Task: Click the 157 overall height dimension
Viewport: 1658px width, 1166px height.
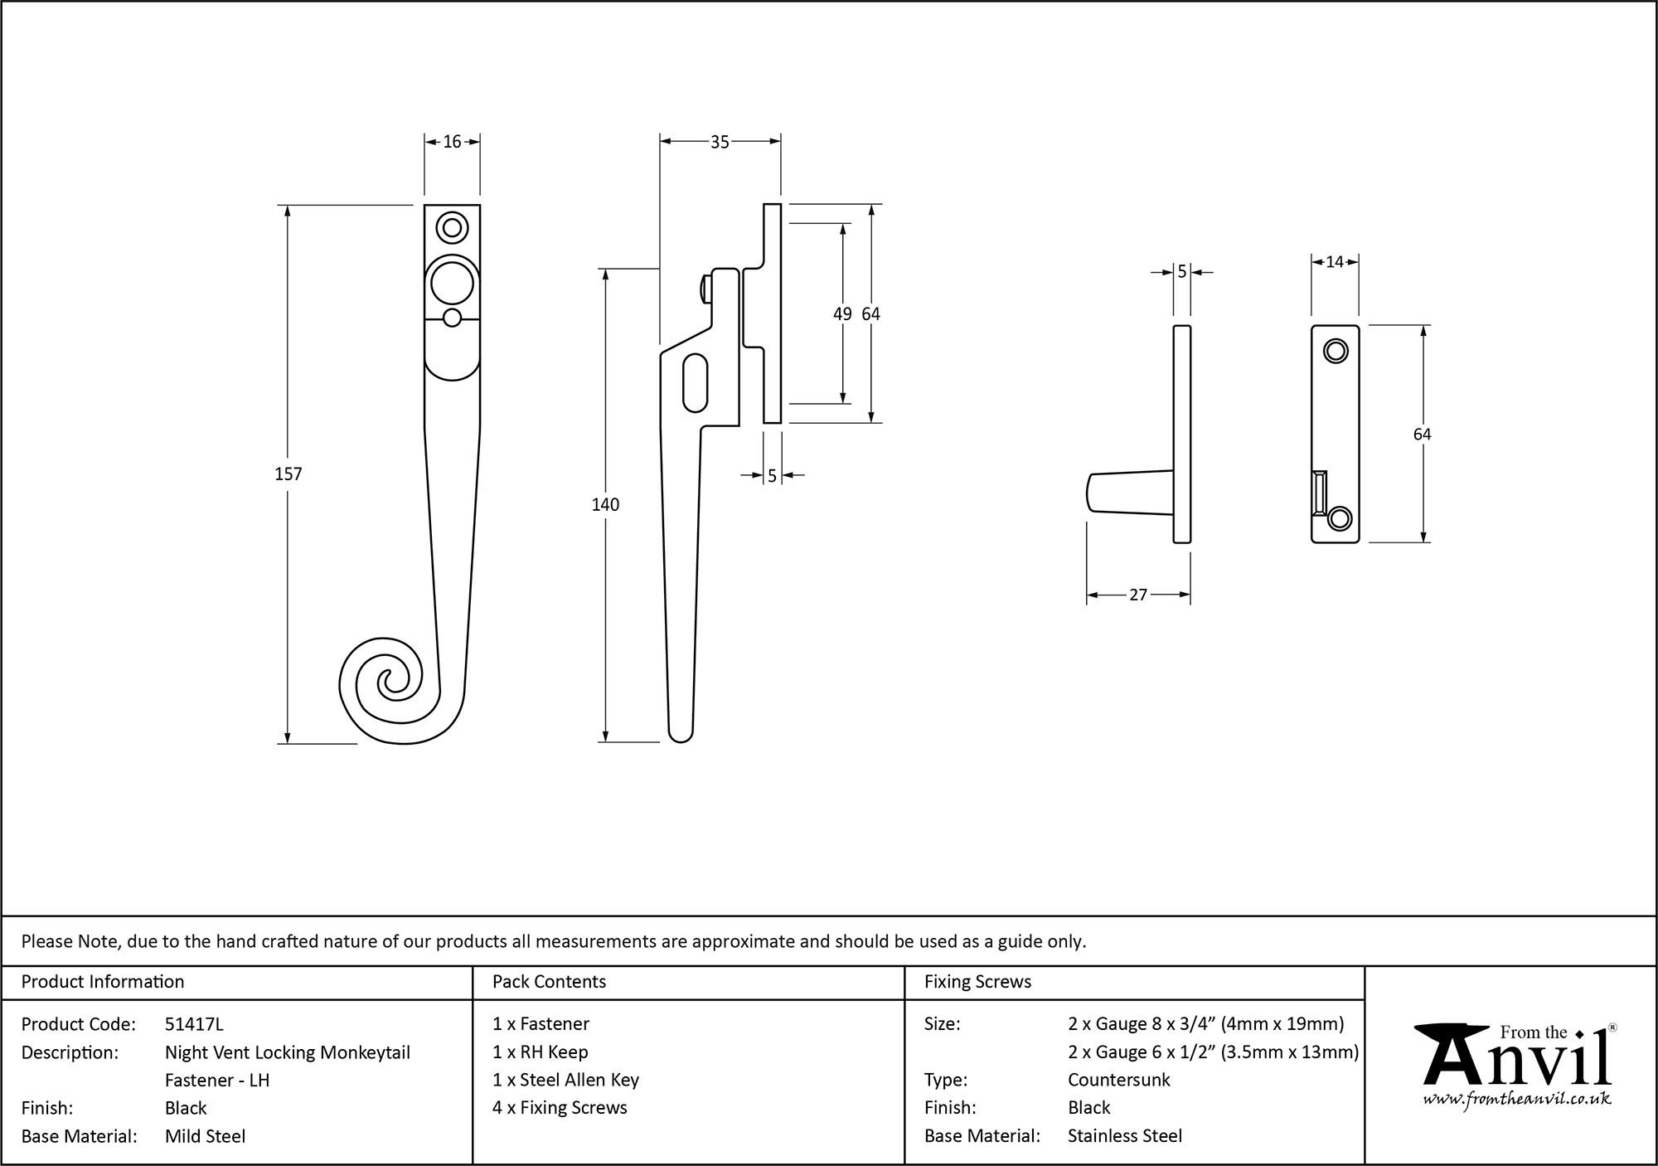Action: [288, 474]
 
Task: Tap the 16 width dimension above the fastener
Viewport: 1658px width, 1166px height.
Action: [452, 142]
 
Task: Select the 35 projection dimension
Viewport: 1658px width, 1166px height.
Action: [720, 143]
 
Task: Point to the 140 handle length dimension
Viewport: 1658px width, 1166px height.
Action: [605, 504]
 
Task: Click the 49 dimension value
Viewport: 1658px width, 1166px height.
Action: [841, 313]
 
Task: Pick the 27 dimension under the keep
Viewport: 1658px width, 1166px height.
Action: [1137, 595]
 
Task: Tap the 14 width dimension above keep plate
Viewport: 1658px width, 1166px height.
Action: [1334, 262]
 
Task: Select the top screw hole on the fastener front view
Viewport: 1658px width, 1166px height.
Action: [452, 227]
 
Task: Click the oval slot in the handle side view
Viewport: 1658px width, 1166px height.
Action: [696, 382]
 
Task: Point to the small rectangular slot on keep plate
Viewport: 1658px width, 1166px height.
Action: [1320, 492]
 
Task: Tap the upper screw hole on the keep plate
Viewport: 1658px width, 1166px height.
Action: [1335, 351]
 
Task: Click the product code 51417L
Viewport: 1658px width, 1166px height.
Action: [194, 1024]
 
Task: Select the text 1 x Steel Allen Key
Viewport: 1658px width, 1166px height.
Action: [565, 1080]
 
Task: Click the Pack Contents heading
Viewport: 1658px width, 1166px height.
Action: [549, 982]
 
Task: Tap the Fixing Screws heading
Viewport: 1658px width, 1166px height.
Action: [977, 982]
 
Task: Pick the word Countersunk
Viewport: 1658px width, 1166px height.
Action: [1118, 1080]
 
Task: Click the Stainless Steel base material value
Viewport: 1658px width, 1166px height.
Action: [1124, 1136]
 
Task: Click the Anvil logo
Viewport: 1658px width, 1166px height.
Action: [1515, 1057]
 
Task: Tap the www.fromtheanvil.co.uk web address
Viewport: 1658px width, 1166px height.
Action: [1517, 1100]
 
